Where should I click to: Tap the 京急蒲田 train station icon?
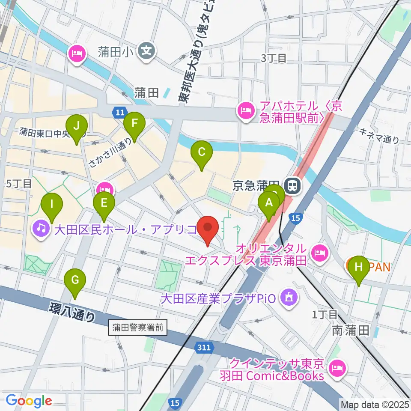pos(293,185)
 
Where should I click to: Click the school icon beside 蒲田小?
pos(147,52)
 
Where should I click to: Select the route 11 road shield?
pos(119,113)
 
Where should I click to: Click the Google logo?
pos(29,401)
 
